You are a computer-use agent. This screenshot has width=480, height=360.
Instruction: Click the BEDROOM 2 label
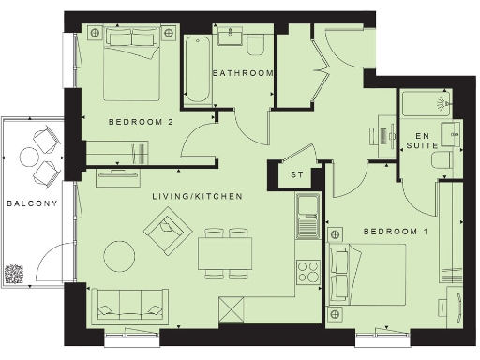point(140,122)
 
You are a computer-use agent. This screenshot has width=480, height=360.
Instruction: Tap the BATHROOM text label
point(242,73)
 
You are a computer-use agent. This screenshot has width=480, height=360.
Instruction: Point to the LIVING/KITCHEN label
point(198,197)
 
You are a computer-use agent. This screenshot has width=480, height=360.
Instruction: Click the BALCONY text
point(32,203)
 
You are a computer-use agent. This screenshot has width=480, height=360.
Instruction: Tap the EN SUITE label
point(427,142)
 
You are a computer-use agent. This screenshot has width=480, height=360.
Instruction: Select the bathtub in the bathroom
point(197,70)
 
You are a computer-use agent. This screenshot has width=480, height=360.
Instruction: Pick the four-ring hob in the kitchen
point(308,273)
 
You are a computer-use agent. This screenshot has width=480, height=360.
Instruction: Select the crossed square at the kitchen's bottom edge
point(232,308)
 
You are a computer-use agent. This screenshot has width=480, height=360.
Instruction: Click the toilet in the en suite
point(445,162)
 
